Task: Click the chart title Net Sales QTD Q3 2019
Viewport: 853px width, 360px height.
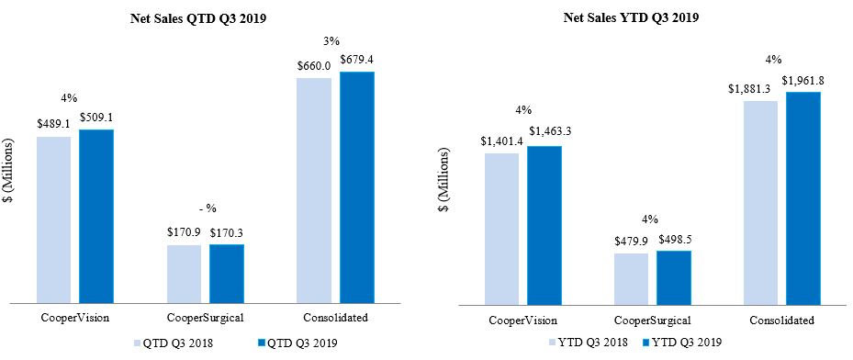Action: coord(205,16)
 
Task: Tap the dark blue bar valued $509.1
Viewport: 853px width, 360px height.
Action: coord(96,215)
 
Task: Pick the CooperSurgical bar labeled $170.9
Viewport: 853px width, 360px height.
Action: coord(184,273)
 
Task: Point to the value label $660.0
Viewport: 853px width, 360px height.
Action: coord(313,67)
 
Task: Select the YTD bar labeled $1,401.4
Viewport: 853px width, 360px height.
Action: coord(501,228)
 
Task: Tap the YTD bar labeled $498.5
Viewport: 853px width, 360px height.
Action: coord(673,276)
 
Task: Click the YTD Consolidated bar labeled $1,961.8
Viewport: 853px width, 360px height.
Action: coord(802,197)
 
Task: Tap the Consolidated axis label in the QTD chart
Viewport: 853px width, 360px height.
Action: coord(335,319)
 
